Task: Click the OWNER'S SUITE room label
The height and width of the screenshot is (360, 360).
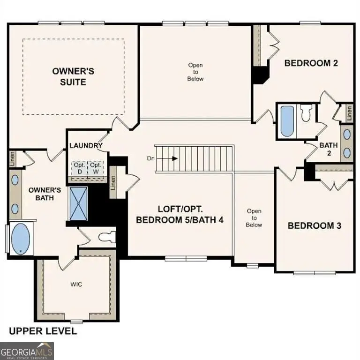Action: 73,76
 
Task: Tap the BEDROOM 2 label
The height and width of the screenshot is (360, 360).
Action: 311,63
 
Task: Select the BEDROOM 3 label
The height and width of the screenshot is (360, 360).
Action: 314,225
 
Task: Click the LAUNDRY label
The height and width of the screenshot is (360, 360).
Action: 86,146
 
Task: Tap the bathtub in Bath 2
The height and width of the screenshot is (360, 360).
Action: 286,120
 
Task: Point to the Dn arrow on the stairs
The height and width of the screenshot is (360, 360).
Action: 167,158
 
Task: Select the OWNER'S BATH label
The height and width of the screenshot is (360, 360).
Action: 45,194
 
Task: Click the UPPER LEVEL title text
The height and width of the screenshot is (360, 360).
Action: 43,331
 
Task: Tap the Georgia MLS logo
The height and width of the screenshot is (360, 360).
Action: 27,351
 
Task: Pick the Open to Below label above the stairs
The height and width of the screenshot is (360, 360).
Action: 195,72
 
